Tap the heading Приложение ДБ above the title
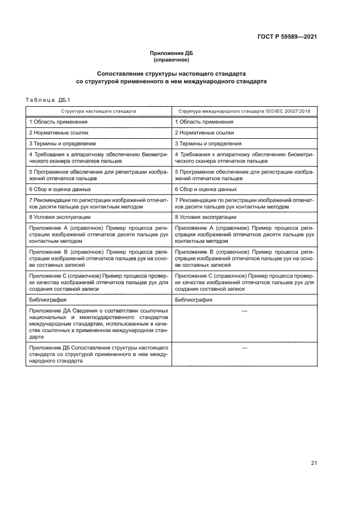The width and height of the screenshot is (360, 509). click(171, 53)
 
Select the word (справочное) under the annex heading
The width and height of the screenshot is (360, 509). click(171, 59)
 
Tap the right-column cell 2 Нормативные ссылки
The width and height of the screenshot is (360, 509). click(204, 133)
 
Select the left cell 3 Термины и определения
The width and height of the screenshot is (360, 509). click(63, 144)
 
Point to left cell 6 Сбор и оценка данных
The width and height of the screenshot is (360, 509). click(60, 189)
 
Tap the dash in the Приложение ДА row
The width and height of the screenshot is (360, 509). click(244, 310)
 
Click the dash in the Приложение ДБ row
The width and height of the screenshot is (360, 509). click(244, 347)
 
